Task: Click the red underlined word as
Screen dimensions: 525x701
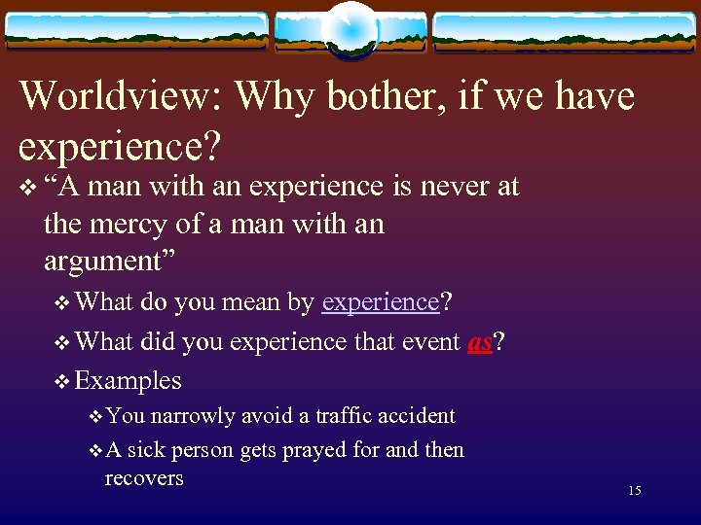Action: tap(479, 341)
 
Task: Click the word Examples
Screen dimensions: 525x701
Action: tap(129, 380)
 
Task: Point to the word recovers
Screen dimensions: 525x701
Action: tap(144, 478)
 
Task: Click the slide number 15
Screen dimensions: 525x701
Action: tap(635, 491)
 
